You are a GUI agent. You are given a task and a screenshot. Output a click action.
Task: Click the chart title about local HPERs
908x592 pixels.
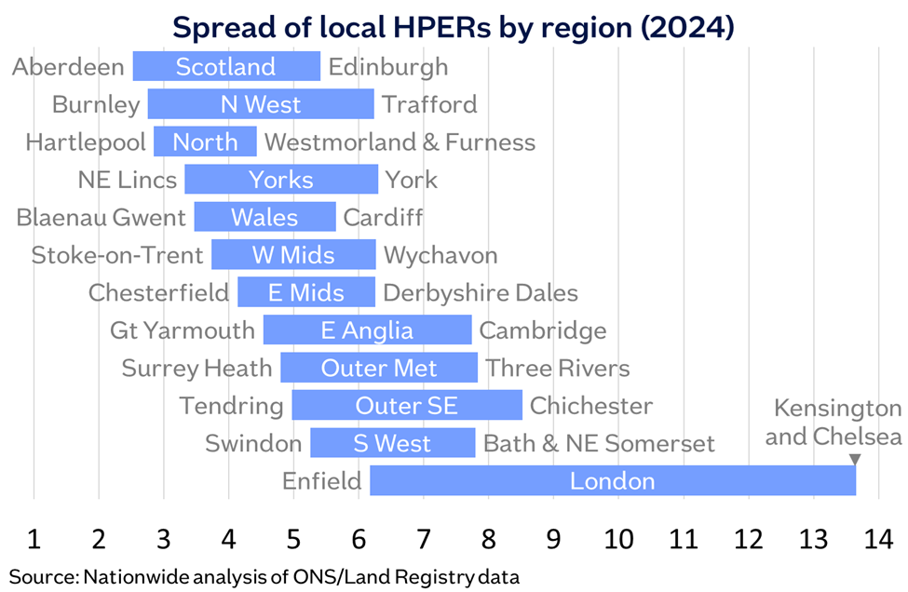tap(454, 27)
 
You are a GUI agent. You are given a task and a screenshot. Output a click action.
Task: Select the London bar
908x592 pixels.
tap(612, 481)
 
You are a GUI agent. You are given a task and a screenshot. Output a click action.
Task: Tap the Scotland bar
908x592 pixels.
tap(226, 67)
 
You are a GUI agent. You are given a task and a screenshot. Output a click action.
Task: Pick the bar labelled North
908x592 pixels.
tap(205, 142)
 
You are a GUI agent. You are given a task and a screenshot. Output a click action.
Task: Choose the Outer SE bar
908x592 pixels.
tap(406, 406)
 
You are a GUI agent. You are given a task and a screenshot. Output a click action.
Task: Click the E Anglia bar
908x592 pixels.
tap(367, 330)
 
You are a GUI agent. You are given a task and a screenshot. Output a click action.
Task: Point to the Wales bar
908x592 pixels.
tap(264, 218)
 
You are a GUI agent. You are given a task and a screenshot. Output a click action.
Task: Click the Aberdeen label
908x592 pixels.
tap(69, 67)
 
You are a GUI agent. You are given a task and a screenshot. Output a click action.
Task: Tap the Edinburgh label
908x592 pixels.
tap(388, 67)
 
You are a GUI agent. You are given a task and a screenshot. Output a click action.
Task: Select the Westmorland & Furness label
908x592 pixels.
tap(400, 142)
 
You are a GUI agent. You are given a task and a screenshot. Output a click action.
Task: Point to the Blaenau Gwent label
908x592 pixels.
tap(101, 218)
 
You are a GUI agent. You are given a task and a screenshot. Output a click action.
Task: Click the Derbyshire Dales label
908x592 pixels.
tap(480, 293)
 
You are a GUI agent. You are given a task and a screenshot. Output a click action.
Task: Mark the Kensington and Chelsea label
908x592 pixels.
tap(833, 423)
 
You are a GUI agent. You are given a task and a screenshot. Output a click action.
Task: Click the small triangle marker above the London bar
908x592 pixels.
tap(854, 460)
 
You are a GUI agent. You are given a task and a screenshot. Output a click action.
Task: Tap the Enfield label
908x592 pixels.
tap(322, 481)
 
